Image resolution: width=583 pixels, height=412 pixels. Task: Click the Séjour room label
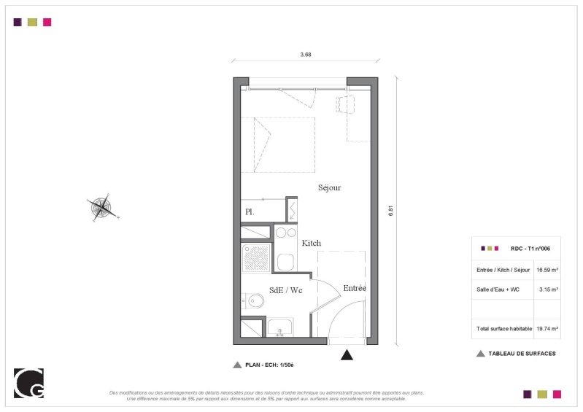[329, 187]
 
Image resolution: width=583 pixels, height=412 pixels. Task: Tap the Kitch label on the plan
[312, 243]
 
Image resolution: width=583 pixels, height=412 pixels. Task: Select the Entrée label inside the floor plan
[355, 288]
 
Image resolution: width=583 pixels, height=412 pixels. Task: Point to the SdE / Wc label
[285, 290]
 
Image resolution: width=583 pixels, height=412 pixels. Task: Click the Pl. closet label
[250, 212]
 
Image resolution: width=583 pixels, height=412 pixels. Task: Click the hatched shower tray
[256, 257]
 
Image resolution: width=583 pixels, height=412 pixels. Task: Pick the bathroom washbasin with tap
[280, 327]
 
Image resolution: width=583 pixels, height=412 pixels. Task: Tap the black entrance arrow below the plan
[347, 355]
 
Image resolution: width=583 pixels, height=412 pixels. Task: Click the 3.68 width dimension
[306, 55]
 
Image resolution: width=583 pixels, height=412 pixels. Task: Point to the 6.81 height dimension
[390, 211]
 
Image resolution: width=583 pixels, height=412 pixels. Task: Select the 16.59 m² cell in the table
[547, 270]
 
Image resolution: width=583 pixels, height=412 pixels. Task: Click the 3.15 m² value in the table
[549, 289]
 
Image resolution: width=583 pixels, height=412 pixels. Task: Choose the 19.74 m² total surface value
[547, 329]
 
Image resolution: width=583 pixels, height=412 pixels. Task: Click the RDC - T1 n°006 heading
[530, 249]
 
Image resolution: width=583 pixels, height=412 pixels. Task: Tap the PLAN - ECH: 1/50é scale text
[269, 365]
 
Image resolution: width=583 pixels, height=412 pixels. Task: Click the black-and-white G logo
[28, 383]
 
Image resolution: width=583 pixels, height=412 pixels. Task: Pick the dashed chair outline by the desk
[344, 104]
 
